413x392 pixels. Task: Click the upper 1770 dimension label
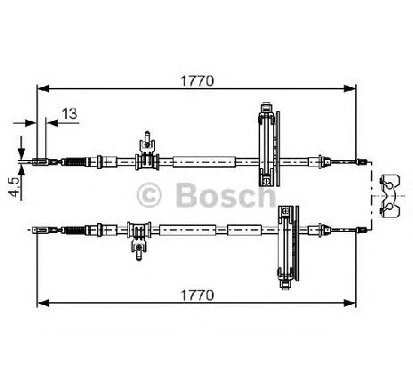pos(198,81)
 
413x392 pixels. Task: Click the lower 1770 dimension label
pos(198,295)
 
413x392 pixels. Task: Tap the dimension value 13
pos(69,114)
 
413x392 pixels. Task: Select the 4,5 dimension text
pos(14,187)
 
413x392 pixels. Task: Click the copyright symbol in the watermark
pos(149,196)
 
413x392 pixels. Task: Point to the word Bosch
pos(226,195)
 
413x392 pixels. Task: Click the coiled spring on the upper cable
pos(75,162)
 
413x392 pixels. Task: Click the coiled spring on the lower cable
pos(75,229)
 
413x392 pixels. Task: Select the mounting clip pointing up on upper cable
pos(148,150)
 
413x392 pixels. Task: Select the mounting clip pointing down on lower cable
pos(139,241)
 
